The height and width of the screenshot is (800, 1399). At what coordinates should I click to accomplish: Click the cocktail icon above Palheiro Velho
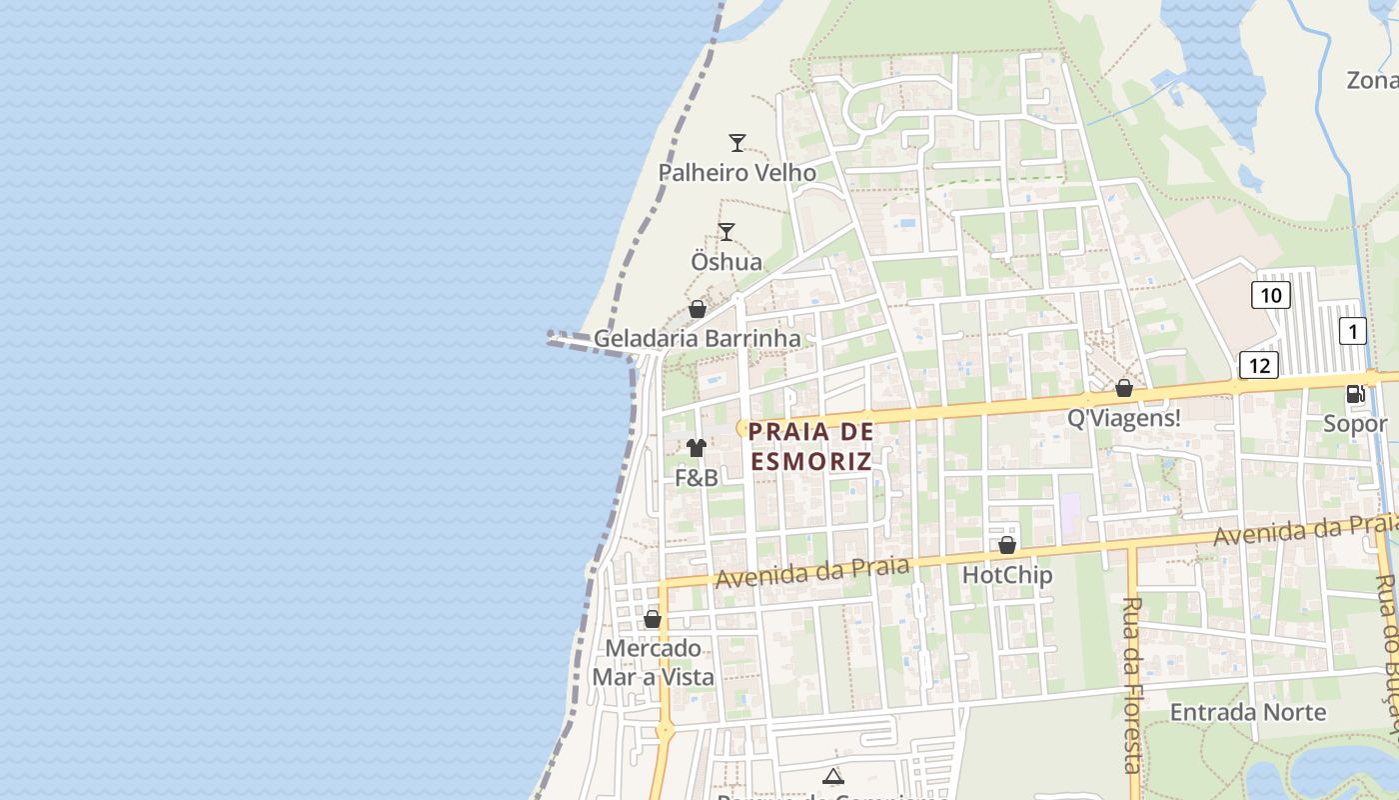(x=737, y=143)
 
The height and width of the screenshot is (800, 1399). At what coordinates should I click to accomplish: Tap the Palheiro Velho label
(x=736, y=173)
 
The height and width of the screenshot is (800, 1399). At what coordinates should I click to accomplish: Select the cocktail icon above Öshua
(x=726, y=232)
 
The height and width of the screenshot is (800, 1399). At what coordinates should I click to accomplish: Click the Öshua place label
(x=726, y=262)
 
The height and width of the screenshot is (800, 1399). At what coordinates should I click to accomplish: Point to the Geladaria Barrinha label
(x=697, y=338)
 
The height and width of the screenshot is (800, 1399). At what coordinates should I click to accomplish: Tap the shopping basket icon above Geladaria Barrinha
(x=698, y=309)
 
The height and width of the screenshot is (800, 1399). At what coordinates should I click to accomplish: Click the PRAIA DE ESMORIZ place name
(x=810, y=446)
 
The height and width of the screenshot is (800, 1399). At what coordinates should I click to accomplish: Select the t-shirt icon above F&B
(x=697, y=448)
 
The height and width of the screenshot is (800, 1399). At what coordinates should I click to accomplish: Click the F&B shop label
(x=697, y=478)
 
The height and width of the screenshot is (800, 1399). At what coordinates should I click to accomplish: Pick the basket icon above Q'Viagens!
(x=1124, y=388)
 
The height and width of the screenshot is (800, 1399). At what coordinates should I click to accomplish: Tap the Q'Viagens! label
(x=1124, y=418)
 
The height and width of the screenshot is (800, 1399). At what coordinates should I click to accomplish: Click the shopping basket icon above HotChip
(x=1007, y=545)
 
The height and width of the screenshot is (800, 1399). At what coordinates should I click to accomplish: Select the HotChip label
(x=1007, y=575)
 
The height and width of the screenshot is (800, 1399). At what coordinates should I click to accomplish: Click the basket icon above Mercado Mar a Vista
(x=653, y=619)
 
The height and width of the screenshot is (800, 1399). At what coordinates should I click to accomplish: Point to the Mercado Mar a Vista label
(x=654, y=663)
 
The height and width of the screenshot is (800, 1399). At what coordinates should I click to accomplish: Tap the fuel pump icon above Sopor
(x=1356, y=394)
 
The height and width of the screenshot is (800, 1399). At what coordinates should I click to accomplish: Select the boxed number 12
(x=1259, y=365)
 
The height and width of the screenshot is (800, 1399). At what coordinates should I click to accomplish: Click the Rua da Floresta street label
(x=1132, y=685)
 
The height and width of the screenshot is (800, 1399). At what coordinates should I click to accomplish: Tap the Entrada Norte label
(x=1248, y=713)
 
